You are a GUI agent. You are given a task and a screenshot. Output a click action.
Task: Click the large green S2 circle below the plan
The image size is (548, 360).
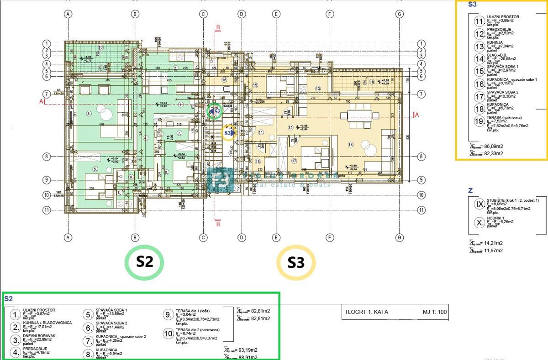point(144,262)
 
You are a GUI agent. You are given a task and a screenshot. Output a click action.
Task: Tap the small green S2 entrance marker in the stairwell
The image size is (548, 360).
point(214,110)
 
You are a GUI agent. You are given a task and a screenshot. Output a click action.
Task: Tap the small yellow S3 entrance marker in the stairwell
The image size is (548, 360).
point(229,133)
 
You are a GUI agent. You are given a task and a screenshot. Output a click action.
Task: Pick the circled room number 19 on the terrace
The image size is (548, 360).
point(372,82)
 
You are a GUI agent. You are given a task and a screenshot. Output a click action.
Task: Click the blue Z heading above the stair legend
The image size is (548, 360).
point(471,190)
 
